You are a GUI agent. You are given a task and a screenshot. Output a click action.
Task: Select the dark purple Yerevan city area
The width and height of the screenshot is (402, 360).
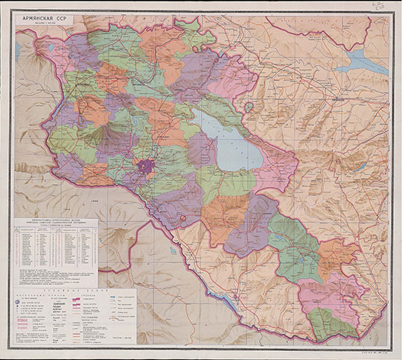146,168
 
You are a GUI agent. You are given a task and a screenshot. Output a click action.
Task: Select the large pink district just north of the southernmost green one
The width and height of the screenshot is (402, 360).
328,294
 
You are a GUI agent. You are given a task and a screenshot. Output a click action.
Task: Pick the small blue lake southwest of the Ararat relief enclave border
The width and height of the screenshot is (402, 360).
170,250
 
